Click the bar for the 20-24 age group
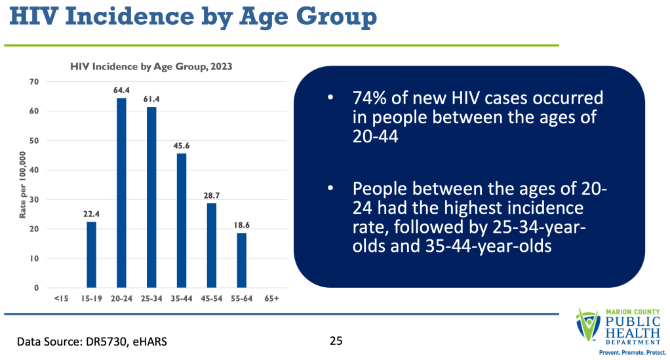pyautogui.click(x=121, y=193)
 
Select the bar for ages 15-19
pyautogui.click(x=92, y=254)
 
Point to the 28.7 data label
pyautogui.click(x=211, y=195)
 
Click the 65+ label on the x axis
pyautogui.click(x=271, y=299)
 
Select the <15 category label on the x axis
pyautogui.click(x=62, y=299)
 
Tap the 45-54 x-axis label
pyautogui.click(x=211, y=299)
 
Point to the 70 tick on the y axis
pyautogui.click(x=34, y=82)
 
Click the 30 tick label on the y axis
pyautogui.click(x=34, y=200)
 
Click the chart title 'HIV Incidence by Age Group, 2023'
pyautogui.click(x=151, y=66)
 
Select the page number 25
pyautogui.click(x=336, y=341)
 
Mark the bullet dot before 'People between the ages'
pyautogui.click(x=331, y=189)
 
